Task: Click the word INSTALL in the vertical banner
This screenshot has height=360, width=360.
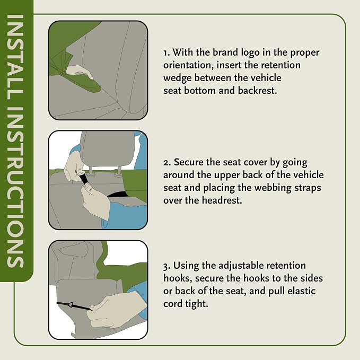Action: click(x=15, y=57)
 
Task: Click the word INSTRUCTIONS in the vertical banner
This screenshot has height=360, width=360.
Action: click(x=15, y=188)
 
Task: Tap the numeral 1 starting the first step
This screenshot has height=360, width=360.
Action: click(x=166, y=53)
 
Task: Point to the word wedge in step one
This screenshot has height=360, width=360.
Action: click(x=178, y=78)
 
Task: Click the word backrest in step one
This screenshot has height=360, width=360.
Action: click(x=257, y=91)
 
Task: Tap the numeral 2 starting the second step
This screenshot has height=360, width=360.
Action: click(x=166, y=163)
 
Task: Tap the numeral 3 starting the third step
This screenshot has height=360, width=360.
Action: click(x=166, y=266)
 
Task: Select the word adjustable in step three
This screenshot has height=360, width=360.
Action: click(x=241, y=266)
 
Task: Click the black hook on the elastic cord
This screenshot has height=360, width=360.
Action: click(x=71, y=304)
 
